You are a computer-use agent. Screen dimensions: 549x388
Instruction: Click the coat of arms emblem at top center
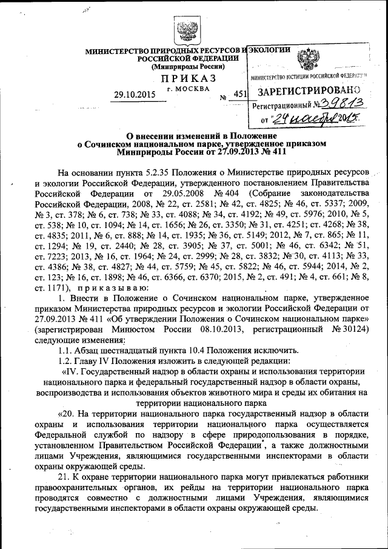[x=184, y=29]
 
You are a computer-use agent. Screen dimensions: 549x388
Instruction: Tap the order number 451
[x=240, y=94]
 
